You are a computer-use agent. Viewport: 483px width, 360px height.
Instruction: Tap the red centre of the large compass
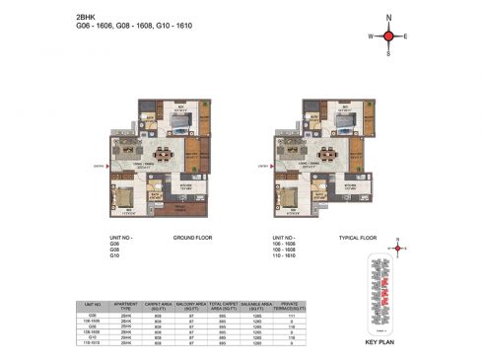388,37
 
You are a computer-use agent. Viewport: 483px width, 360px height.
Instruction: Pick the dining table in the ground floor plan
163,154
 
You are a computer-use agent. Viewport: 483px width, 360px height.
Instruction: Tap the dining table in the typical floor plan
321,154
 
